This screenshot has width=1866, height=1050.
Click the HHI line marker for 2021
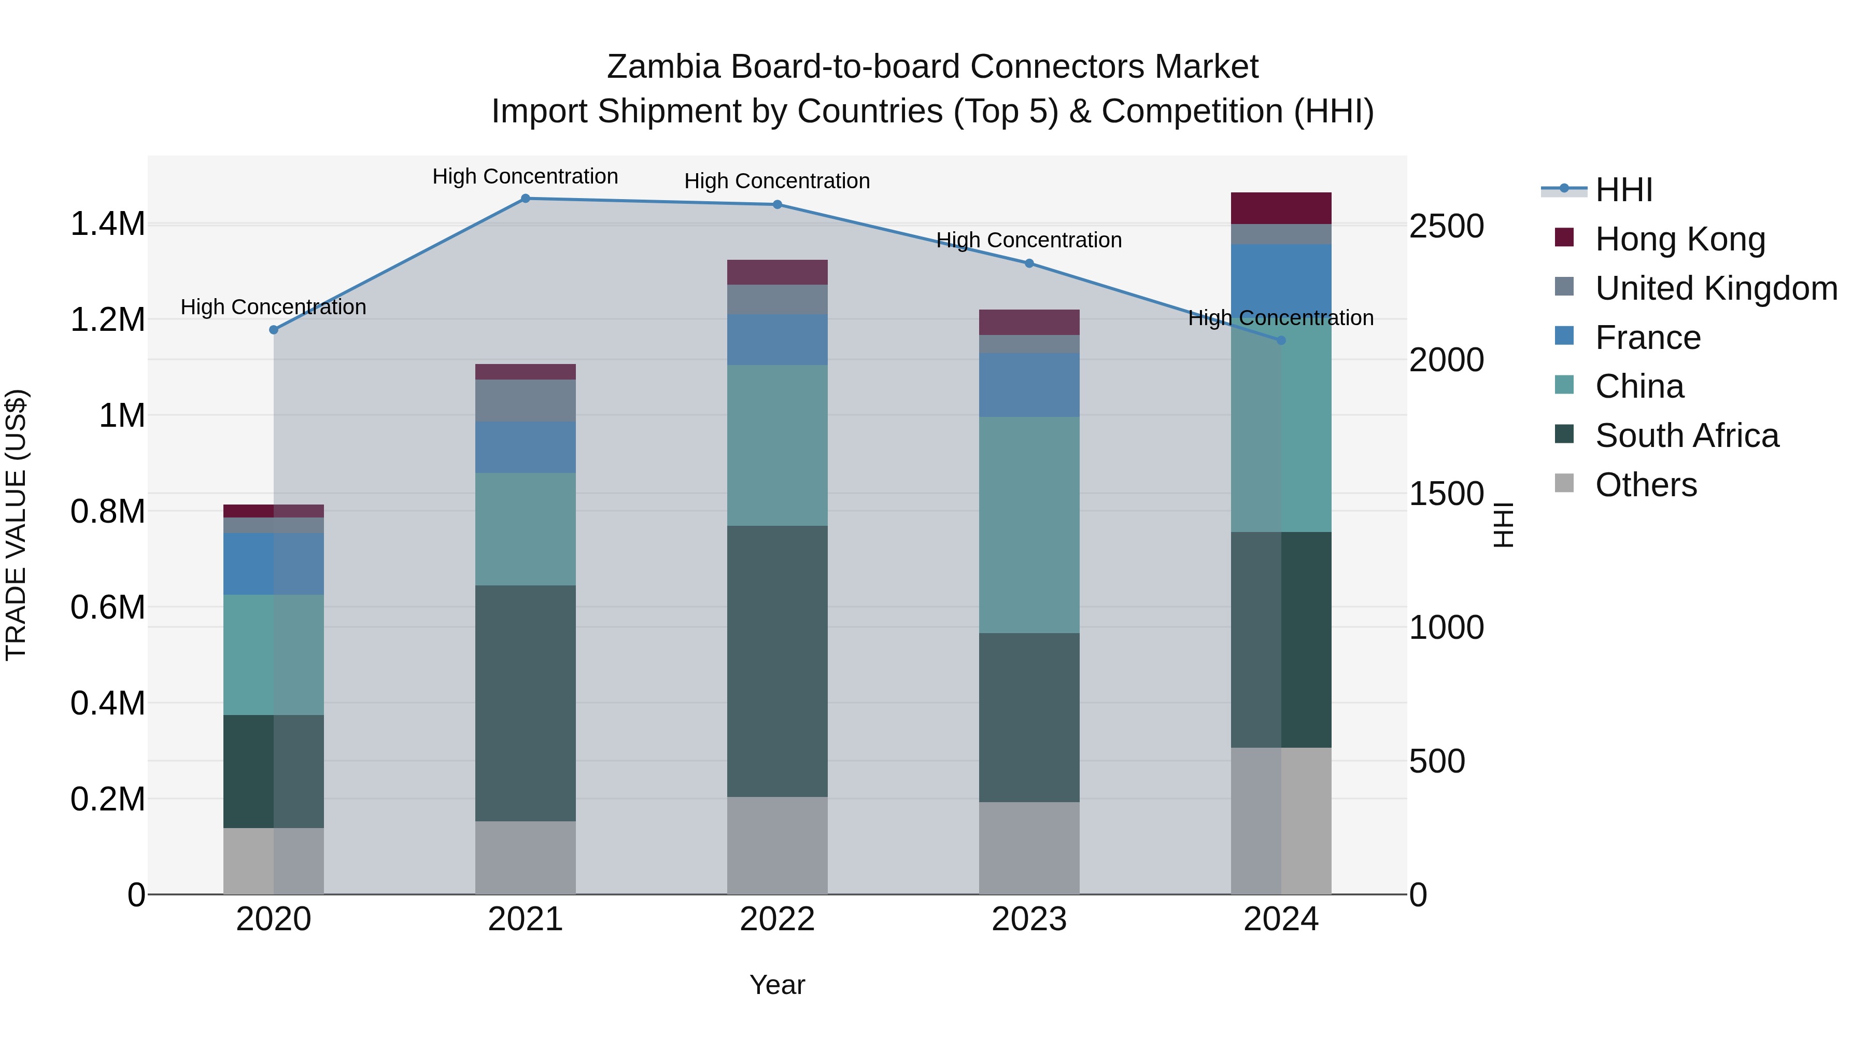pyautogui.click(x=525, y=199)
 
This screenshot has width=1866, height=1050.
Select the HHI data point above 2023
pyautogui.click(x=1028, y=264)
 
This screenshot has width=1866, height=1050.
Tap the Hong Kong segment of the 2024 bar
pyautogui.click(x=1281, y=208)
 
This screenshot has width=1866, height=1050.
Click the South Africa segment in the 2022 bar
pyautogui.click(x=776, y=661)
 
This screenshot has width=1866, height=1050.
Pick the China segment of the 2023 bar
pyautogui.click(x=1028, y=525)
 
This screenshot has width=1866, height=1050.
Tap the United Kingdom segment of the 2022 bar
pyautogui.click(x=776, y=299)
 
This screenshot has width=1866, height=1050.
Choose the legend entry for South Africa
pyautogui.click(x=1686, y=436)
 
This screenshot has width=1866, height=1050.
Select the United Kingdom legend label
pyautogui.click(x=1715, y=288)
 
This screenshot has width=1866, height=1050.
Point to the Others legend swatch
pyautogui.click(x=1564, y=483)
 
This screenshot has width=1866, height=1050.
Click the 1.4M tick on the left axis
pyautogui.click(x=107, y=224)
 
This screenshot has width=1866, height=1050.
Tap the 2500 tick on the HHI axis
pyautogui.click(x=1446, y=226)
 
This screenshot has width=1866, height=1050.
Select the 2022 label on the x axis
pyautogui.click(x=776, y=919)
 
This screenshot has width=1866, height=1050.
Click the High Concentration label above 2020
pyautogui.click(x=273, y=307)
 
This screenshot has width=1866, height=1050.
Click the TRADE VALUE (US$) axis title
pyautogui.click(x=16, y=525)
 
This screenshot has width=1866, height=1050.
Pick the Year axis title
pyautogui.click(x=776, y=985)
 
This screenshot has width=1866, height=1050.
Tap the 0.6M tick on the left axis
pyautogui.click(x=107, y=607)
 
